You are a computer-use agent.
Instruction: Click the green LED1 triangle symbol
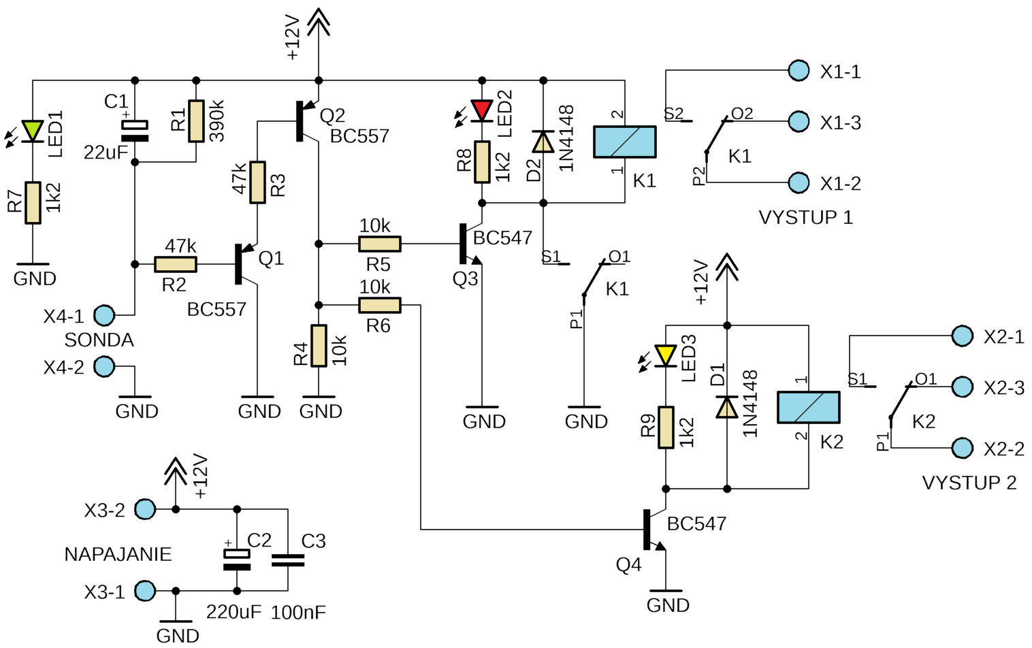click(33, 131)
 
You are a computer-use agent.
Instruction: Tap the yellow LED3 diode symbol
click(666, 356)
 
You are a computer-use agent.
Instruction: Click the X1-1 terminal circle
click(799, 71)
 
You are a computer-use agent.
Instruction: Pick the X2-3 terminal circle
click(962, 387)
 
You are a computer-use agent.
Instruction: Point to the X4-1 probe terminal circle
click(104, 315)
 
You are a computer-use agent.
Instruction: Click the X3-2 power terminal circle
click(145, 509)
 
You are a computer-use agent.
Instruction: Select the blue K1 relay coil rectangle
click(625, 142)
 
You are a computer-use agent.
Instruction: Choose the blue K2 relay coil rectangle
click(809, 407)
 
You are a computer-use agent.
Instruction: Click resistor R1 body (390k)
click(196, 121)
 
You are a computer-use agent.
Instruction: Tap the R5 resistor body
click(380, 244)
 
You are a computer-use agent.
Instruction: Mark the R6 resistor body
click(380, 305)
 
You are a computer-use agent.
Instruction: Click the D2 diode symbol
click(543, 142)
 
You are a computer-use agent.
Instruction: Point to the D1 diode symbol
click(727, 406)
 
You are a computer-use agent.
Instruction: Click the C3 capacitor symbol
click(288, 560)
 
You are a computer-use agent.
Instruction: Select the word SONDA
click(99, 340)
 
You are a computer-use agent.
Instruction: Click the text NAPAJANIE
click(118, 554)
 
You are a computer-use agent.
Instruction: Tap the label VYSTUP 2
click(969, 483)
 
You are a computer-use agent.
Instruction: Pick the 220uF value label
click(233, 612)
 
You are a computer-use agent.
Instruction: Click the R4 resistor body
click(319, 346)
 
